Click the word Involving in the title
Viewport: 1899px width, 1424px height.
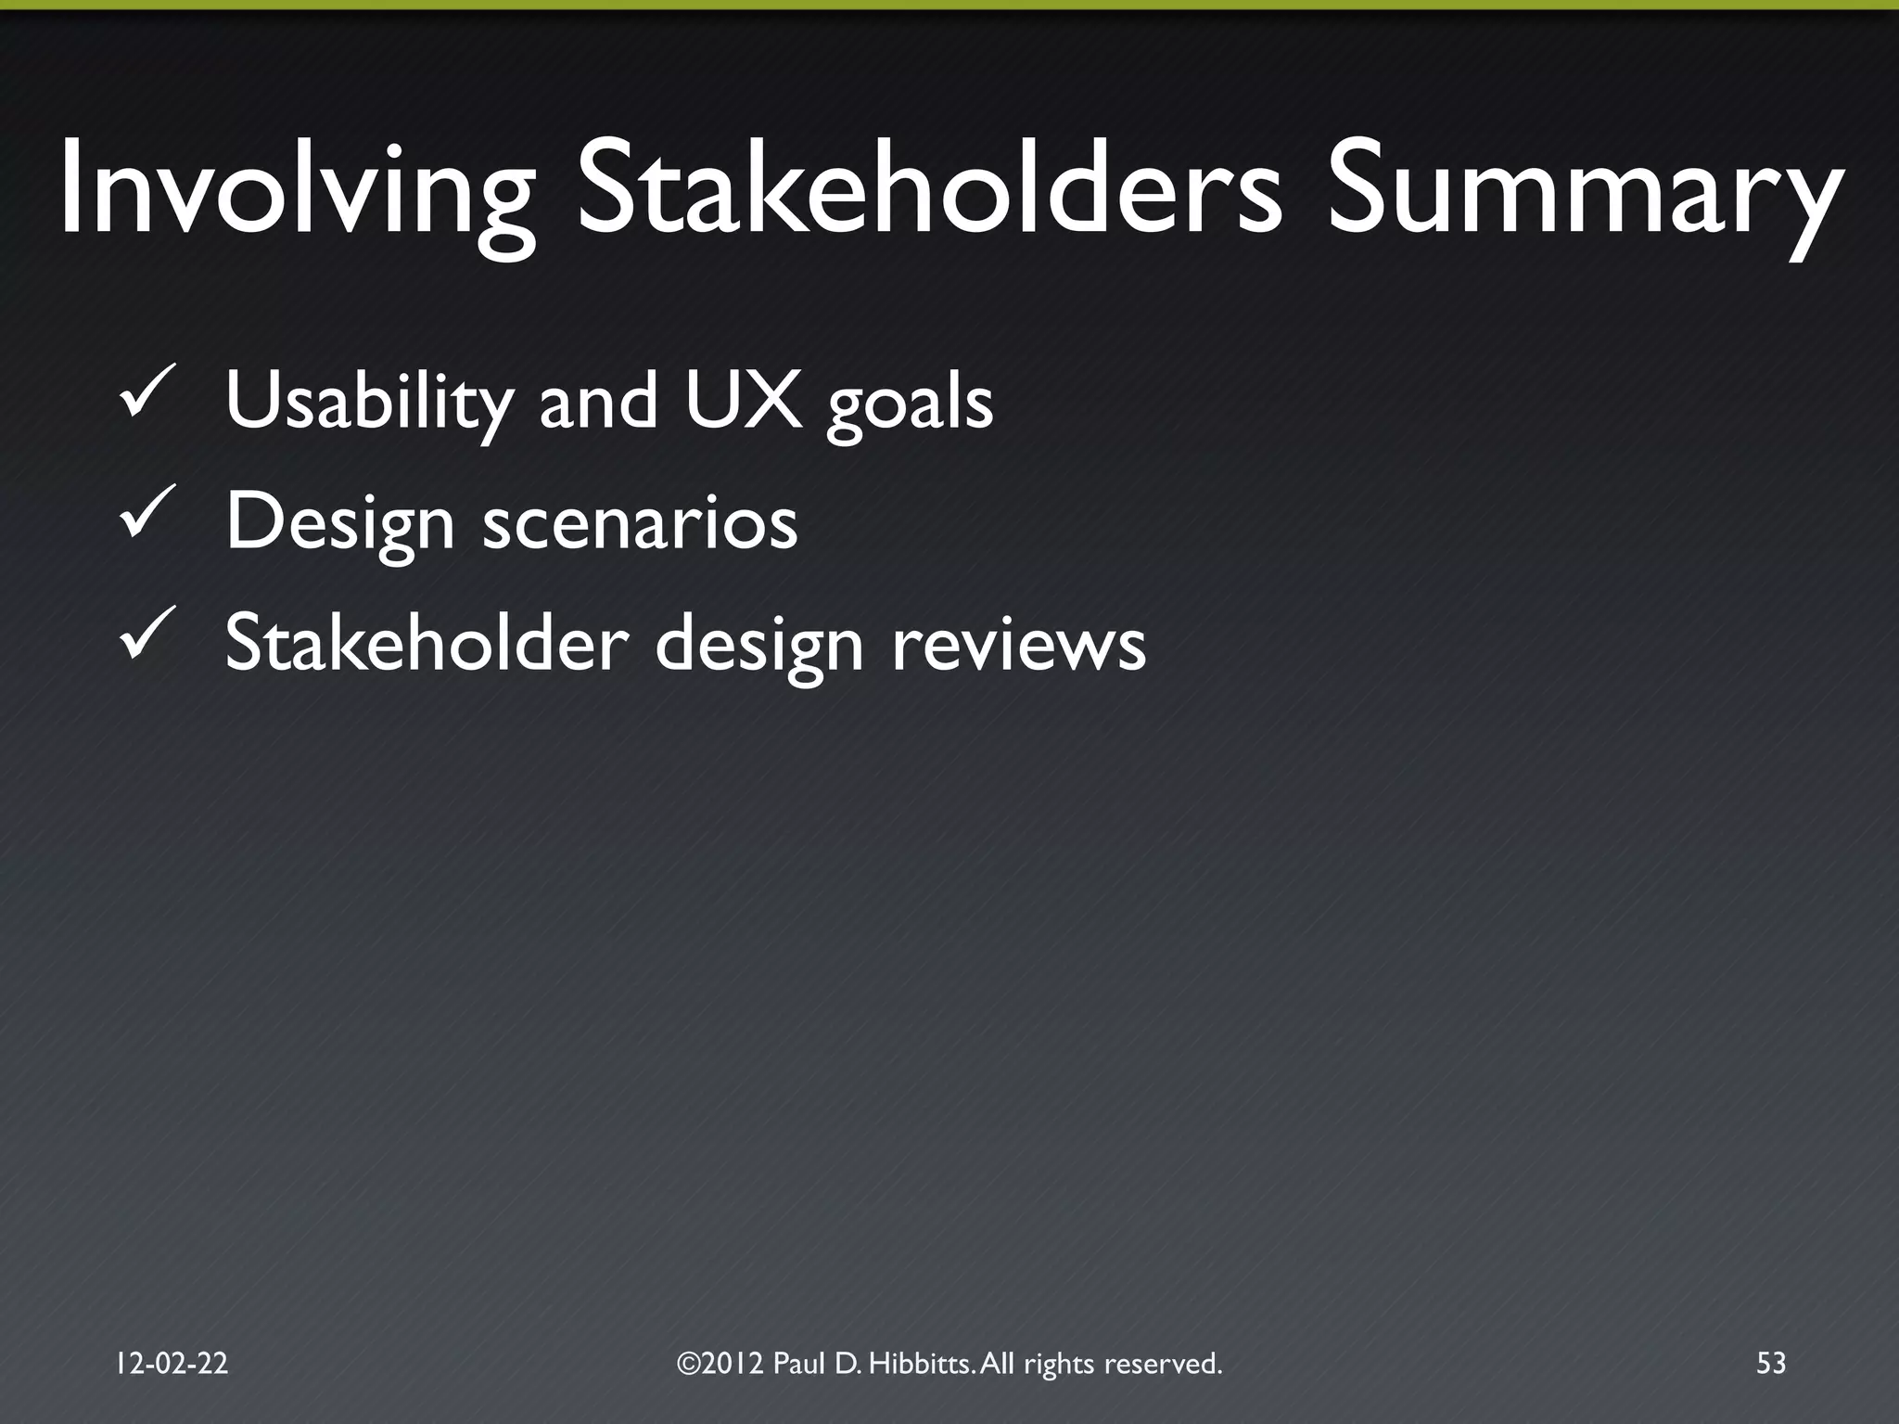tap(295, 190)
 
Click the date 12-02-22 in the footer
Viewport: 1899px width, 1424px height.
tap(172, 1363)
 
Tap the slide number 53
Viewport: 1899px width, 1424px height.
tap(1770, 1363)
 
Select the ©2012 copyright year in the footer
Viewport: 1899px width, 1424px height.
tap(720, 1363)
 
